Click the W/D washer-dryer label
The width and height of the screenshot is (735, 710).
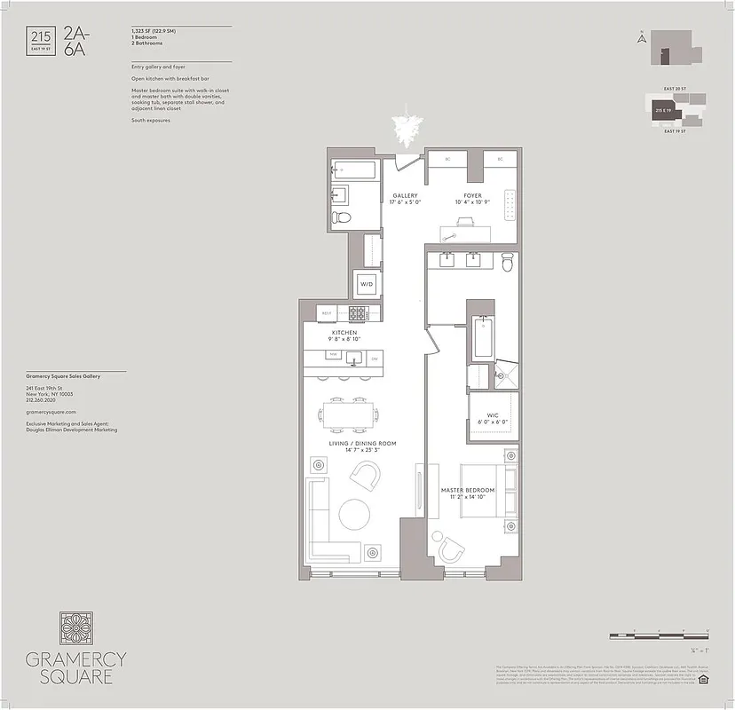click(x=366, y=285)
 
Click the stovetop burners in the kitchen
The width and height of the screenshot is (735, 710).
click(x=360, y=312)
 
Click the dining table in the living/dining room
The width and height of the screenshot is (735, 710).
click(x=348, y=414)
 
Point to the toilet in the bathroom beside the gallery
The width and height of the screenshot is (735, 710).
click(x=341, y=217)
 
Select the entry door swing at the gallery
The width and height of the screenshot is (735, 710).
click(x=407, y=162)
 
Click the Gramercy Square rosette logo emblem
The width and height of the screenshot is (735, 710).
click(x=75, y=627)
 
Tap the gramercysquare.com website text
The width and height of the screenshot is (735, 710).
click(x=51, y=412)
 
